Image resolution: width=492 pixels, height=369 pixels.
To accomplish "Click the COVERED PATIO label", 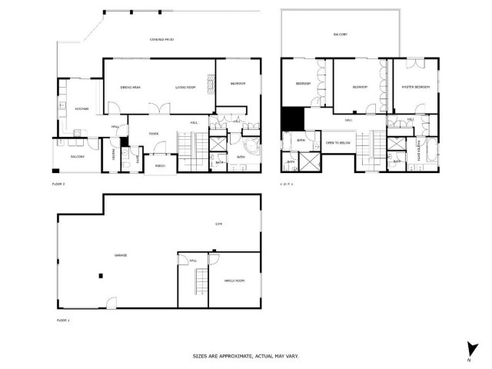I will tap(161, 38).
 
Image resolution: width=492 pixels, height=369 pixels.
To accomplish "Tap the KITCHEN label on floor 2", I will tap(82, 109).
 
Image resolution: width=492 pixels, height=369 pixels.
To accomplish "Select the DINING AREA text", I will tap(129, 88).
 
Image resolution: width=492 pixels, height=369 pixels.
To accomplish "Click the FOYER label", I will tap(154, 131).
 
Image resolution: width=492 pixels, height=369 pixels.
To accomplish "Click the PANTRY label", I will tap(115, 155).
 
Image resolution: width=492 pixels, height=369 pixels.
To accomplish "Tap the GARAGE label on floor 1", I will tap(121, 254).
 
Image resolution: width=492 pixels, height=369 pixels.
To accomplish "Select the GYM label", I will tap(218, 224).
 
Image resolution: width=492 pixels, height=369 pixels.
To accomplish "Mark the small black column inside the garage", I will tap(100, 274).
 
